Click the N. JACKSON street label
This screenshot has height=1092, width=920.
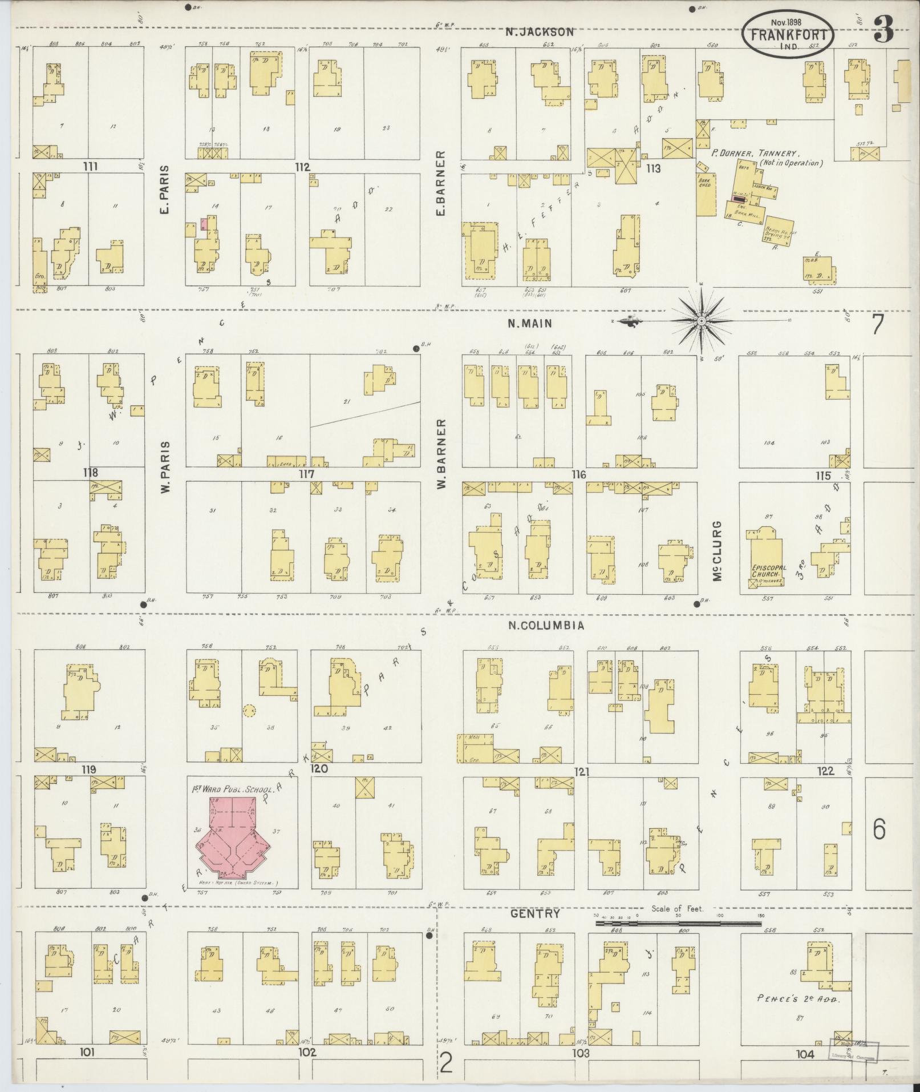[x=540, y=32]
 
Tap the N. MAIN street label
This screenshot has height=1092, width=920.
[x=530, y=323]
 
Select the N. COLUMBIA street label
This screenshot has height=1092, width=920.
[x=546, y=625]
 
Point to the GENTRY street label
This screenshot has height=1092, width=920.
[x=535, y=914]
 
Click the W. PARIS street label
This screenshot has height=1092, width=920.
[x=166, y=466]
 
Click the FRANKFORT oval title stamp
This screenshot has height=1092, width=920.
[x=788, y=34]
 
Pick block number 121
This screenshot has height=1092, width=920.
[x=582, y=772]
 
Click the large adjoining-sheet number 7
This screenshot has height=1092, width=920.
[x=877, y=324]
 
